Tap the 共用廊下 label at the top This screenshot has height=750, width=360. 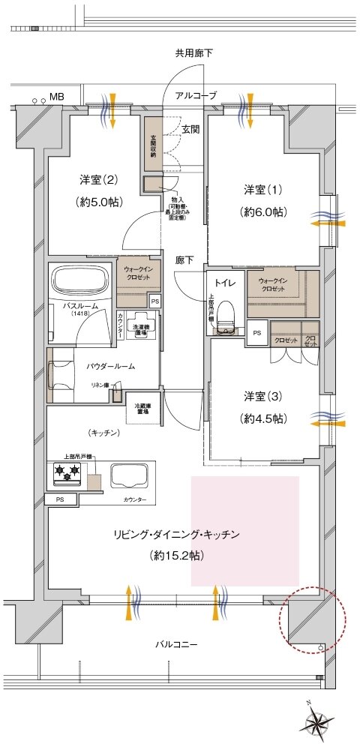tap(194, 53)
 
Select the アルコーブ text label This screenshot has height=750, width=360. tap(196, 96)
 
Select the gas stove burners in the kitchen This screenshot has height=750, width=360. tap(65, 474)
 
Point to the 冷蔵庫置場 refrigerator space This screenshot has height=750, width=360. tap(141, 409)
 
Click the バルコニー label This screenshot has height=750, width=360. tap(177, 644)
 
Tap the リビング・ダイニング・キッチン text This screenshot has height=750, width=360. tap(176, 535)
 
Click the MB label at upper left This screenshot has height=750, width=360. tap(57, 97)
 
